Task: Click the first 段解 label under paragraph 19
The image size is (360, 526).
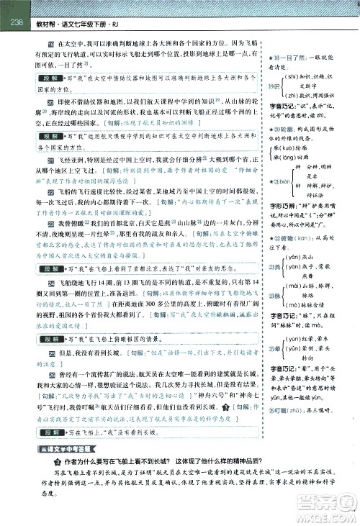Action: click(x=50, y=77)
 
